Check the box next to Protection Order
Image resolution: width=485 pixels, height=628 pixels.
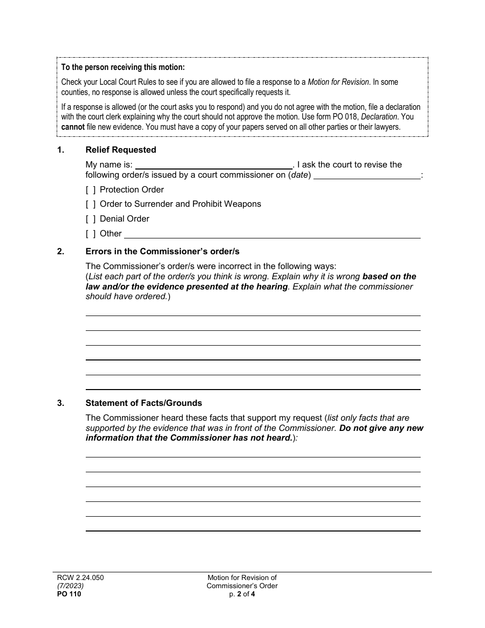click(91, 190)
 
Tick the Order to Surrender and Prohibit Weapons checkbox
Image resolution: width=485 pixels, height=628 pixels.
click(91, 204)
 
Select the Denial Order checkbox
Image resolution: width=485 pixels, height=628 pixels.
click(91, 219)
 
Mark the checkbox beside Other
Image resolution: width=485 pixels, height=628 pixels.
click(91, 234)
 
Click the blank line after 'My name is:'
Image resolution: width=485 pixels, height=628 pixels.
click(213, 165)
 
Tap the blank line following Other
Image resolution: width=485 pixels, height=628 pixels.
click(272, 234)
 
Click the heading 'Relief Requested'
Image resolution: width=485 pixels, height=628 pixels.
click(120, 150)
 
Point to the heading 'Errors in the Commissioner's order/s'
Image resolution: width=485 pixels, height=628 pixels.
click(162, 251)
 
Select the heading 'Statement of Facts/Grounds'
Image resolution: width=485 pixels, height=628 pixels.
click(143, 403)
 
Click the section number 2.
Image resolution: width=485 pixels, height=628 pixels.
click(61, 251)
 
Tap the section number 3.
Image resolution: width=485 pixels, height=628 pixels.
click(61, 403)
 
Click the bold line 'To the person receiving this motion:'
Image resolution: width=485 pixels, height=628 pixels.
click(123, 67)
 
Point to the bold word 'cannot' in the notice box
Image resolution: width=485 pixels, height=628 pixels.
click(73, 127)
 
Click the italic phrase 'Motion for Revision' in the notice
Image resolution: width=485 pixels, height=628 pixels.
click(338, 82)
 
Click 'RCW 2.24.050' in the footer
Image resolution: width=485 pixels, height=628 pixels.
click(80, 578)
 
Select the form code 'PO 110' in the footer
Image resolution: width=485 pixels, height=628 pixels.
click(69, 594)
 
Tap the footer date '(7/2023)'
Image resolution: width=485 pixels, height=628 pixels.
click(70, 586)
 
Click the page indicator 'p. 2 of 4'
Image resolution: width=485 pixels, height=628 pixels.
click(242, 594)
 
